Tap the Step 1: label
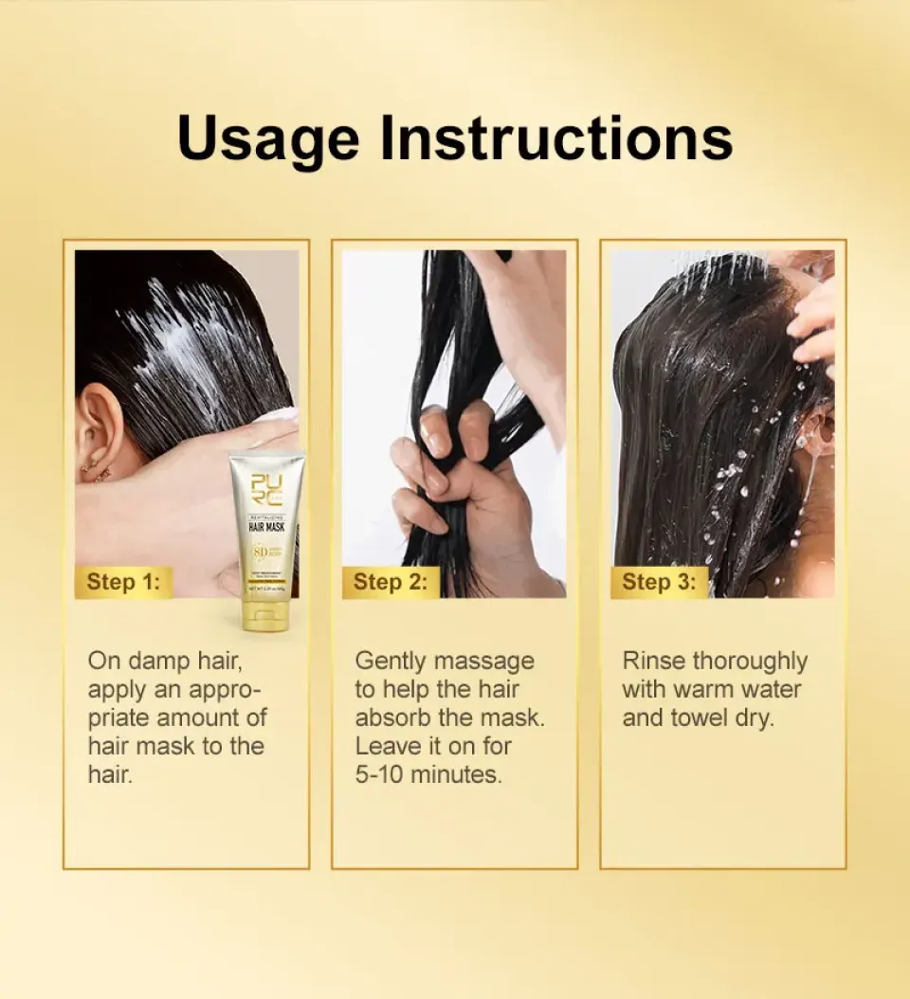pyautogui.click(x=123, y=581)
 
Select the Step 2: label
pyautogui.click(x=390, y=581)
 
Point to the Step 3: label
pyautogui.click(x=659, y=581)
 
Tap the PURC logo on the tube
pyautogui.click(x=265, y=490)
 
